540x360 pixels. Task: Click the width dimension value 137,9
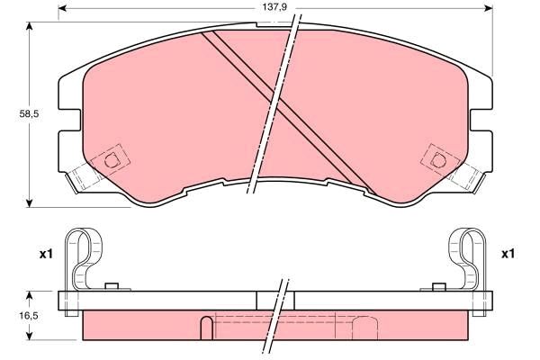pos(269,8)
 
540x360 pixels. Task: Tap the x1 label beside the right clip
pos(508,255)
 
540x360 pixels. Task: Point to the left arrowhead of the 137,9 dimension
pos(62,9)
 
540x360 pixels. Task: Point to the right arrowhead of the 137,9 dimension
pos(491,9)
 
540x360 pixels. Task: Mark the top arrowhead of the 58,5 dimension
pos(31,25)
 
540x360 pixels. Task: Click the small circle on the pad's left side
pos(112,161)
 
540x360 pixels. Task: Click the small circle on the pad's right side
pos(438,160)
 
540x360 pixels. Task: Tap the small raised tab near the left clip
pos(112,287)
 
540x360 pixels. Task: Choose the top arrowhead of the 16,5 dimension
pos(31,294)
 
